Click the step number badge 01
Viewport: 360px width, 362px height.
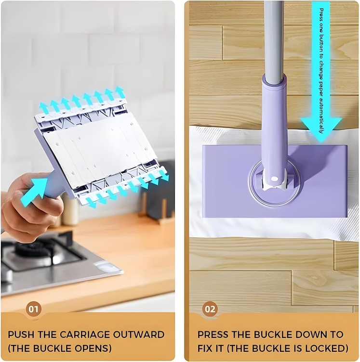tap(34, 309)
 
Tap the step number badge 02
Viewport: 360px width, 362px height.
tap(210, 309)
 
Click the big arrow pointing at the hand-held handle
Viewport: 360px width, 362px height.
tap(34, 192)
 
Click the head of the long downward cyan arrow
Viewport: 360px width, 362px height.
tap(321, 129)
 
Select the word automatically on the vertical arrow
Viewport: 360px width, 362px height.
tap(321, 115)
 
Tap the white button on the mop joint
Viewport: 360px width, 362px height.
tap(274, 179)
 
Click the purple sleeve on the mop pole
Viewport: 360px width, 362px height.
tap(275, 129)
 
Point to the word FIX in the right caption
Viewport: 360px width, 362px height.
tap(205, 348)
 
